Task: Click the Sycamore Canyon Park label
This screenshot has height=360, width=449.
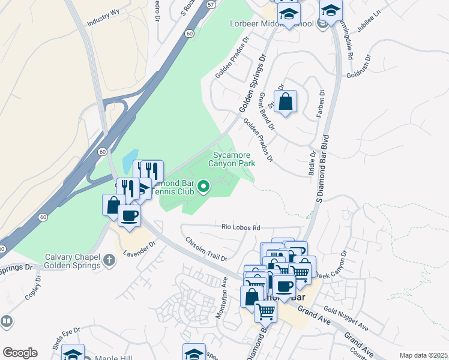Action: [232, 159]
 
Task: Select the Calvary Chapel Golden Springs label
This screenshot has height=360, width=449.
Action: [72, 261]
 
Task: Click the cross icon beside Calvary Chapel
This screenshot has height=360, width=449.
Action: [109, 260]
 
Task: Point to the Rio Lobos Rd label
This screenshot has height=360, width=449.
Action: [241, 228]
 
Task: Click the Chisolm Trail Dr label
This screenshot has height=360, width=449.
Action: [206, 250]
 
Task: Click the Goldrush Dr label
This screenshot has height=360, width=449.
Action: [359, 68]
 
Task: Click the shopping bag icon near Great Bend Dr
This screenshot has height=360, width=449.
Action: [285, 101]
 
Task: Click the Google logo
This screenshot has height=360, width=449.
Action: [20, 352]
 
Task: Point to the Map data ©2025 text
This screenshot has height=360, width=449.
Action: [423, 355]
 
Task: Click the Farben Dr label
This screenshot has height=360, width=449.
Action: [321, 104]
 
